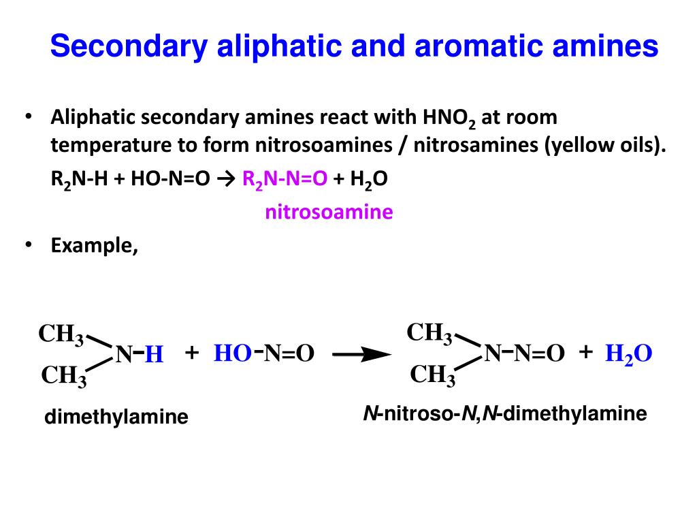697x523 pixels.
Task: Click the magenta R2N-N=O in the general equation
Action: click(285, 179)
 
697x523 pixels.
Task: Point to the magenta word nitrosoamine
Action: click(329, 212)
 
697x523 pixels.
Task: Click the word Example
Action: click(95, 245)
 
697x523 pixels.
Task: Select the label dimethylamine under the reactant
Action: click(116, 416)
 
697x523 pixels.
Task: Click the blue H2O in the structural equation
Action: click(629, 354)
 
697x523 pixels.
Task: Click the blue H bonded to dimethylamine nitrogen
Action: click(155, 355)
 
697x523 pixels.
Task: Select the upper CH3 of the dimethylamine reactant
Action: click(61, 335)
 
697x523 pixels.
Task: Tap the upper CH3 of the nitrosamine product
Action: click(429, 334)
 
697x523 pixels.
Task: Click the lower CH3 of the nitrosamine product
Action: click(433, 375)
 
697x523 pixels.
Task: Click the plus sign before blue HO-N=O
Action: click(191, 353)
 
